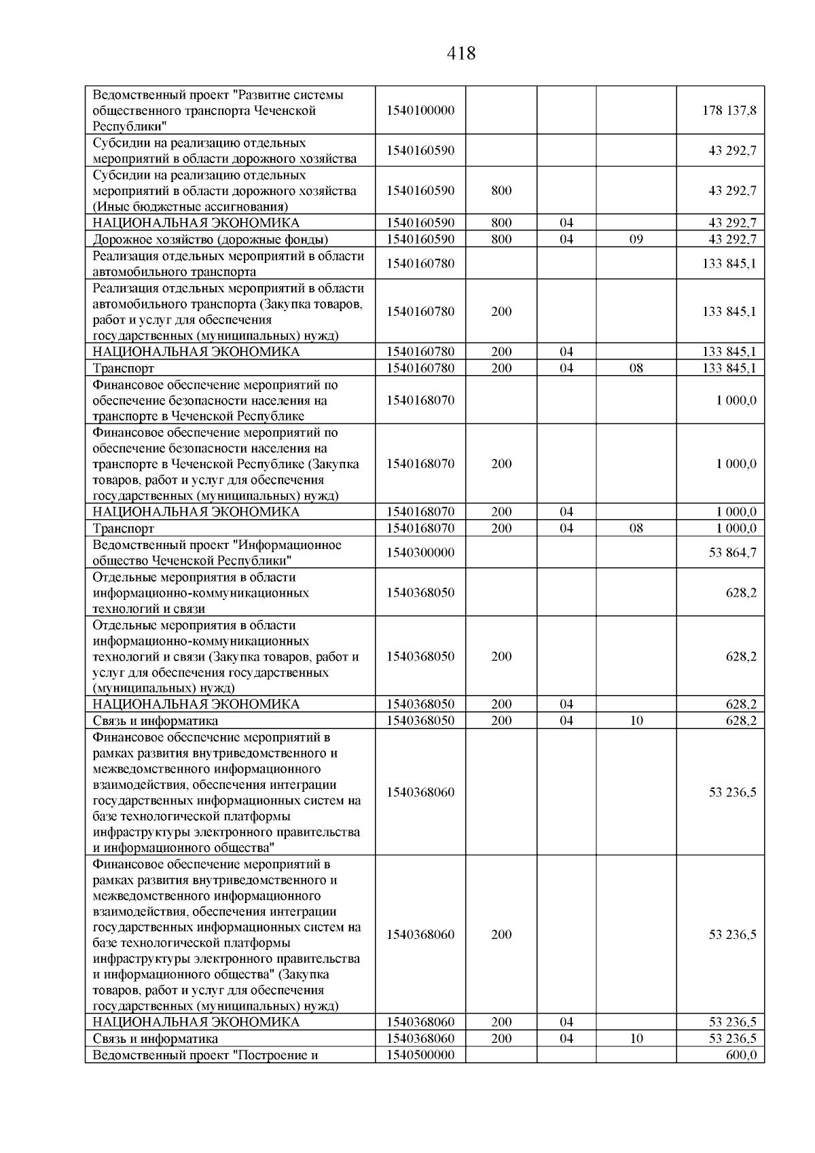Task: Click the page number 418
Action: [462, 53]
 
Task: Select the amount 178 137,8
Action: [729, 110]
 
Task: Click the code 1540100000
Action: [420, 110]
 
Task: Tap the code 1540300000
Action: [420, 552]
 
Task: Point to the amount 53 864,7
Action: [732, 552]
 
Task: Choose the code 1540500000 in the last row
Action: [420, 1055]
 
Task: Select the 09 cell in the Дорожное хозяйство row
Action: [636, 239]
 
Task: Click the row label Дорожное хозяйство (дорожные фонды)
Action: [211, 239]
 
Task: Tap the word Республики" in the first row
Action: [130, 126]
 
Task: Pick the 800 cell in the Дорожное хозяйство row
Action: [501, 239]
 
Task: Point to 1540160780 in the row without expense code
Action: [420, 263]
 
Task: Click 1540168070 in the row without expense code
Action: [420, 400]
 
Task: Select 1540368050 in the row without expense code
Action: [420, 592]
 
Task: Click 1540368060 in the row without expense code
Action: [420, 792]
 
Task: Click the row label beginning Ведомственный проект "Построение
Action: [205, 1055]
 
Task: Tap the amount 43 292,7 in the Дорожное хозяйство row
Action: [732, 239]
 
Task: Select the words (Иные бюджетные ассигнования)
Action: [190, 207]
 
